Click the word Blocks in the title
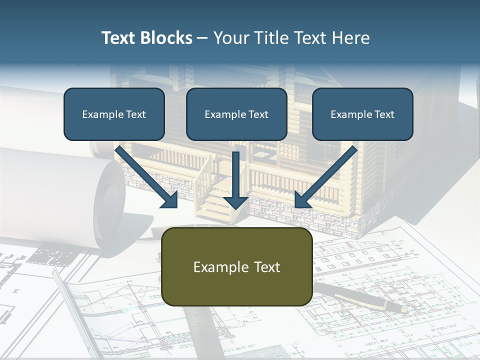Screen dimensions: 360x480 click(166, 38)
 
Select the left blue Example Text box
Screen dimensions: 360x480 click(114, 114)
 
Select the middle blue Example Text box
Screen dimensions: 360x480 click(236, 114)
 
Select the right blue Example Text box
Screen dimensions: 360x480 click(362, 114)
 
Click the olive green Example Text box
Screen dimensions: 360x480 click(236, 266)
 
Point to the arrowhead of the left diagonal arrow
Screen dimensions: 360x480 click(170, 200)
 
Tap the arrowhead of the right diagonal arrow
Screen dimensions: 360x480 click(302, 200)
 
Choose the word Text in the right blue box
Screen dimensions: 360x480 click(384, 114)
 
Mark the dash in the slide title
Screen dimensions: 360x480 click(202, 38)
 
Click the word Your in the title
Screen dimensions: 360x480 click(230, 38)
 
